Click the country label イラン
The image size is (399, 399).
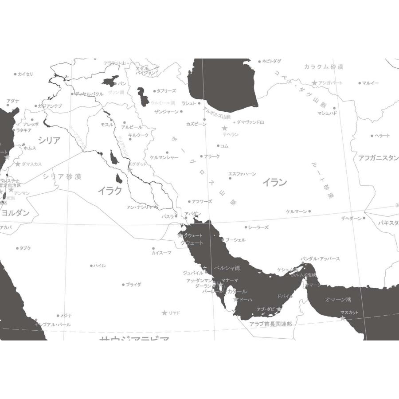pyautogui.click(x=274, y=182)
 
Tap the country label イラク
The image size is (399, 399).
pyautogui.click(x=110, y=191)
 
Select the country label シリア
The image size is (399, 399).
pyautogui.click(x=49, y=141)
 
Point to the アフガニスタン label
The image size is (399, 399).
pyautogui.click(x=378, y=158)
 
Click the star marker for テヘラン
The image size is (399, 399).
pyautogui.click(x=225, y=128)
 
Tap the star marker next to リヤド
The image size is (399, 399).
pyautogui.click(x=164, y=313)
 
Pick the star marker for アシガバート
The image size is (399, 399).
pyautogui.click(x=314, y=83)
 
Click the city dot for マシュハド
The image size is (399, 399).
pyautogui.click(x=334, y=108)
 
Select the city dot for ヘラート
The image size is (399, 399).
pyautogui.click(x=372, y=136)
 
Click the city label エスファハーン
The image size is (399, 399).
pyautogui.click(x=242, y=174)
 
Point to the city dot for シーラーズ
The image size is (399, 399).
pyautogui.click(x=246, y=227)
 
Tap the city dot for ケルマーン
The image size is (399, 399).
pyautogui.click(x=309, y=211)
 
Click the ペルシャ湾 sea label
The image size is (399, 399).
pyautogui.click(x=227, y=268)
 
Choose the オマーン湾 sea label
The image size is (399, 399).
pyautogui.click(x=338, y=300)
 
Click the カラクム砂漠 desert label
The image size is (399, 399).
pyautogui.click(x=324, y=67)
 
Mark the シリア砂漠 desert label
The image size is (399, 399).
pyautogui.click(x=62, y=176)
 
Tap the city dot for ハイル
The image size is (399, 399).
pyautogui.click(x=92, y=266)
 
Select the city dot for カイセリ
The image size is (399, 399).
pyautogui.click(x=15, y=74)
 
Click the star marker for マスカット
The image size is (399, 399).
pyautogui.click(x=343, y=318)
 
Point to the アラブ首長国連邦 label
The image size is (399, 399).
pyautogui.click(x=271, y=324)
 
